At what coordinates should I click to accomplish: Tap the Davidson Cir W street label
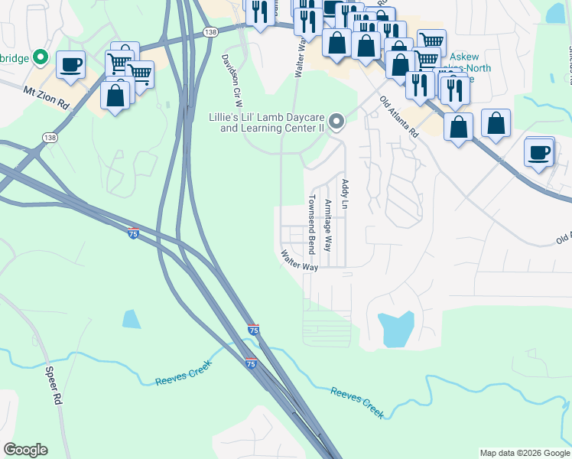click(x=232, y=80)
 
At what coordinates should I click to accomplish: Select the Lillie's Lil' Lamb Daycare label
click(x=267, y=123)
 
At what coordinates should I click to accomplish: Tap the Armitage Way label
click(x=328, y=226)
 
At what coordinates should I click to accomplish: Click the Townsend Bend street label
click(x=312, y=224)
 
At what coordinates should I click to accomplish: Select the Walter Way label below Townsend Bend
click(x=299, y=260)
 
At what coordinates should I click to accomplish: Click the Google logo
click(x=25, y=450)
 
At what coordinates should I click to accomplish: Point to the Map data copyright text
click(x=524, y=453)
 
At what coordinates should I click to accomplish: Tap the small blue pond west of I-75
click(x=132, y=319)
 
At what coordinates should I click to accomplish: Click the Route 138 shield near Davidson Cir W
click(x=210, y=31)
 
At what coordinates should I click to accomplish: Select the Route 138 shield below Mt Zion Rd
click(x=50, y=137)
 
